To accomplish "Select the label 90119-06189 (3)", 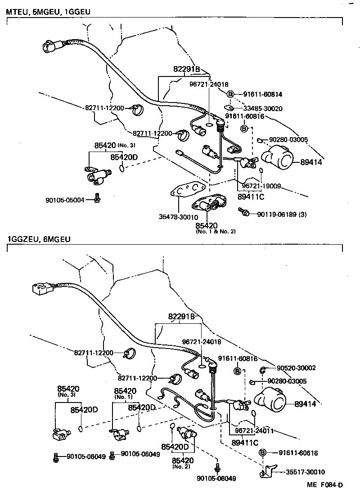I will (282, 214).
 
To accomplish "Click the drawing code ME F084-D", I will (325, 484).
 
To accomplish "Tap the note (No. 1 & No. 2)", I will (216, 232).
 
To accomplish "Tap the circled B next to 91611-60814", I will (230, 94).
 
